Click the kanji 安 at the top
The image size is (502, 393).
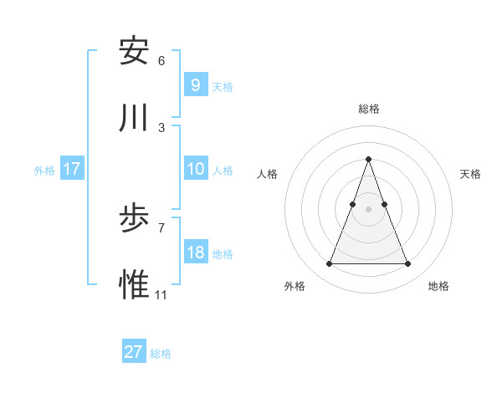click(x=134, y=52)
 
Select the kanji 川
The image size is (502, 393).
click(x=134, y=119)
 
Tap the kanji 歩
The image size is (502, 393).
click(x=134, y=219)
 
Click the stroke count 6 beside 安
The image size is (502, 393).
click(x=161, y=61)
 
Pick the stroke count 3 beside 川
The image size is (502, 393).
click(x=161, y=128)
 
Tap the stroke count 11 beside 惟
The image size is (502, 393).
click(x=161, y=295)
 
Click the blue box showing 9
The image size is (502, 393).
click(x=195, y=85)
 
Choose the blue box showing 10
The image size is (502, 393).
click(x=195, y=169)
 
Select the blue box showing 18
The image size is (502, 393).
click(x=195, y=253)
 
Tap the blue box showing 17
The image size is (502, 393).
click(x=72, y=169)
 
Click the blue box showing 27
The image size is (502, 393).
click(x=134, y=352)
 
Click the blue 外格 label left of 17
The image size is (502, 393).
click(x=44, y=171)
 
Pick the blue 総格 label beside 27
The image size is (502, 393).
click(x=161, y=354)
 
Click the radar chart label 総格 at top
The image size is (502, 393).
click(x=369, y=109)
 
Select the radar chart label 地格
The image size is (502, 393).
click(x=438, y=286)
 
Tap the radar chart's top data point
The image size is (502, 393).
click(x=368, y=159)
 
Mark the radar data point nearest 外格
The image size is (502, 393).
click(x=329, y=264)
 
